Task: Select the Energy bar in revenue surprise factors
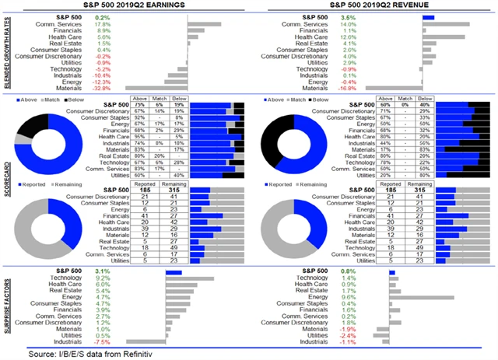[428, 296]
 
